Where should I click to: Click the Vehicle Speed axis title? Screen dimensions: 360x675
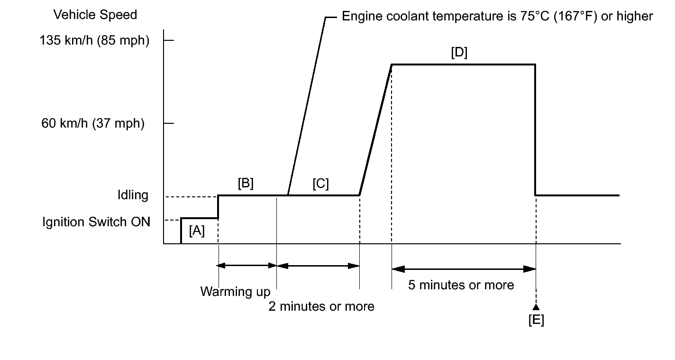pos(95,15)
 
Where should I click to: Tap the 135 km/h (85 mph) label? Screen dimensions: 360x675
pos(95,41)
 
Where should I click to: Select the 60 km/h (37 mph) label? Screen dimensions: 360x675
pos(92,124)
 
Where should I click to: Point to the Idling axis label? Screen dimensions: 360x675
pos(133,195)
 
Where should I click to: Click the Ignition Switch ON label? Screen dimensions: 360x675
pos(96,222)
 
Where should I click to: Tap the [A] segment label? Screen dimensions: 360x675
pos(197,231)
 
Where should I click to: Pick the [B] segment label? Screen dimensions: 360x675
pos(246,184)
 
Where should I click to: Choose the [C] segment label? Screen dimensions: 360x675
pos(320,184)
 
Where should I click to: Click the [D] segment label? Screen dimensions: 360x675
pos(459,53)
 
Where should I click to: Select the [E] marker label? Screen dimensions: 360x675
pos(536,321)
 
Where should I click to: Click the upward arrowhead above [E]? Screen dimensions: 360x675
pos(536,307)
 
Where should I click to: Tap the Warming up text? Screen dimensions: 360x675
pos(235,291)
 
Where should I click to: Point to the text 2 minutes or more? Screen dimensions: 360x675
pos(321,306)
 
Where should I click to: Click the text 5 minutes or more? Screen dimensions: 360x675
pos(461,285)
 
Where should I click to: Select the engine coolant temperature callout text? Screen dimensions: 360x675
pos(497,17)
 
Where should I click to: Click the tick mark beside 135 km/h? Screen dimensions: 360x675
pos(169,41)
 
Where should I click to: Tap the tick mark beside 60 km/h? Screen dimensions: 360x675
pos(169,123)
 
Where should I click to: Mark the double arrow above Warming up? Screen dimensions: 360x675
pos(247,266)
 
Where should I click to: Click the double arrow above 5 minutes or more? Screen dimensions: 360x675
pos(464,269)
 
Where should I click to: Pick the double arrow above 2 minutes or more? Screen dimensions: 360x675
pos(318,266)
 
